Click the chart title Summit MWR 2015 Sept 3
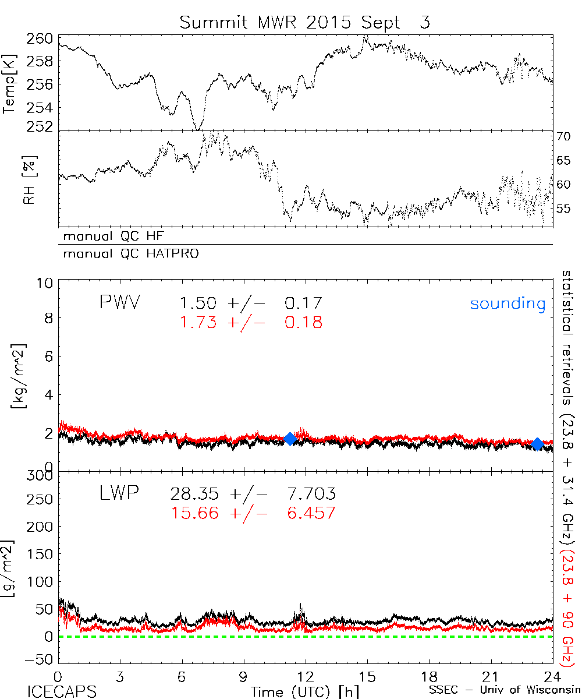click(304, 22)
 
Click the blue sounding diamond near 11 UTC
click(290, 439)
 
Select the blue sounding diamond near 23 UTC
click(538, 444)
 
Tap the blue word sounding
click(508, 303)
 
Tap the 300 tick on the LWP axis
click(40, 476)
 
